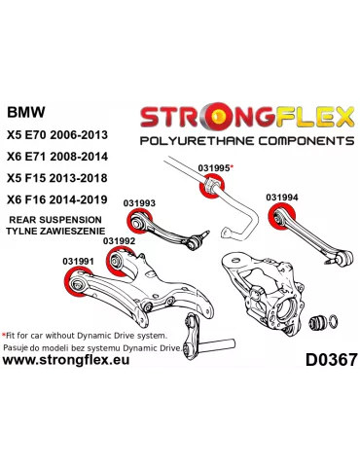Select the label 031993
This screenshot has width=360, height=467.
point(139,202)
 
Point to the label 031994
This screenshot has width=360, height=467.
point(281,197)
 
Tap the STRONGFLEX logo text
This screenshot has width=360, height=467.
point(248,118)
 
